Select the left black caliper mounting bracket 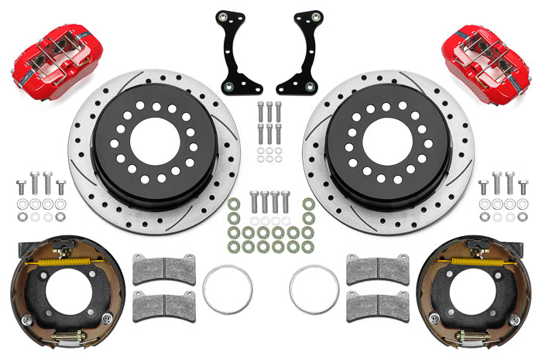[x=237, y=54]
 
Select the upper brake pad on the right [x=377, y=269]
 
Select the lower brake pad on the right [x=377, y=305]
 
